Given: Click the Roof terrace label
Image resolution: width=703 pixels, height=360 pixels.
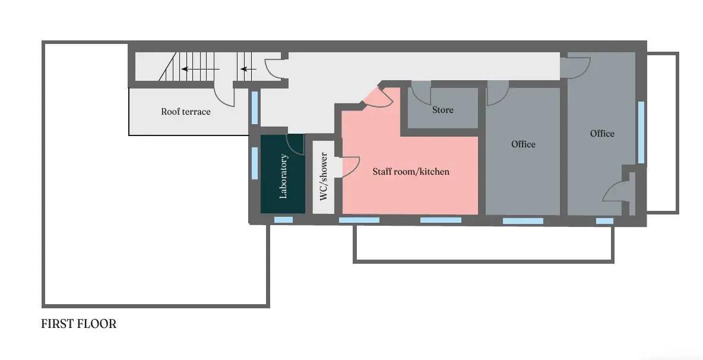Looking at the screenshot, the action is pyautogui.click(x=186, y=112).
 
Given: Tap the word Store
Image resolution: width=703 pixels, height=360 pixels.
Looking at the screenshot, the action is pyautogui.click(x=442, y=110).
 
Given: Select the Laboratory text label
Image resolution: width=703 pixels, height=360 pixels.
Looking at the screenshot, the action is pyautogui.click(x=283, y=176).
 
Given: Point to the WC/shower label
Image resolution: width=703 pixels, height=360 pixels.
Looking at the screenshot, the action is pyautogui.click(x=324, y=176).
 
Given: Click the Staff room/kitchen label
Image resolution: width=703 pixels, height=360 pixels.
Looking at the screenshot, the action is pyautogui.click(x=411, y=171).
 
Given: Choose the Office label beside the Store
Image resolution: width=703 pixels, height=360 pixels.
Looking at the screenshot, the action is pyautogui.click(x=523, y=144).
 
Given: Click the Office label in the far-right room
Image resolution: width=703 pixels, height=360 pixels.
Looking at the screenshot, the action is pyautogui.click(x=602, y=133).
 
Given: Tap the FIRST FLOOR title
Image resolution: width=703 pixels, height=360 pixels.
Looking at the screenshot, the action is pyautogui.click(x=79, y=324).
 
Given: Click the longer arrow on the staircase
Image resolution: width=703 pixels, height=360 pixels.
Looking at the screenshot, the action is pyautogui.click(x=201, y=69).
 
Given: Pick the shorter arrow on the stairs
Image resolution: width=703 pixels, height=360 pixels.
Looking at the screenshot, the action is pyautogui.click(x=248, y=69).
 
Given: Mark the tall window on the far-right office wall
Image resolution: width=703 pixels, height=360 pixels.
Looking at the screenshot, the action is pyautogui.click(x=641, y=132).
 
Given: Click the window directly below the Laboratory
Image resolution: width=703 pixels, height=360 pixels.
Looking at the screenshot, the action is pyautogui.click(x=283, y=220).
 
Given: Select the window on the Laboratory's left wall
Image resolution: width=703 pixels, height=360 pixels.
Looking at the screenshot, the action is pyautogui.click(x=255, y=163).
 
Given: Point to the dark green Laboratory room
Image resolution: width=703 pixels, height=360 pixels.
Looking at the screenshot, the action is pyautogui.click(x=283, y=174).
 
